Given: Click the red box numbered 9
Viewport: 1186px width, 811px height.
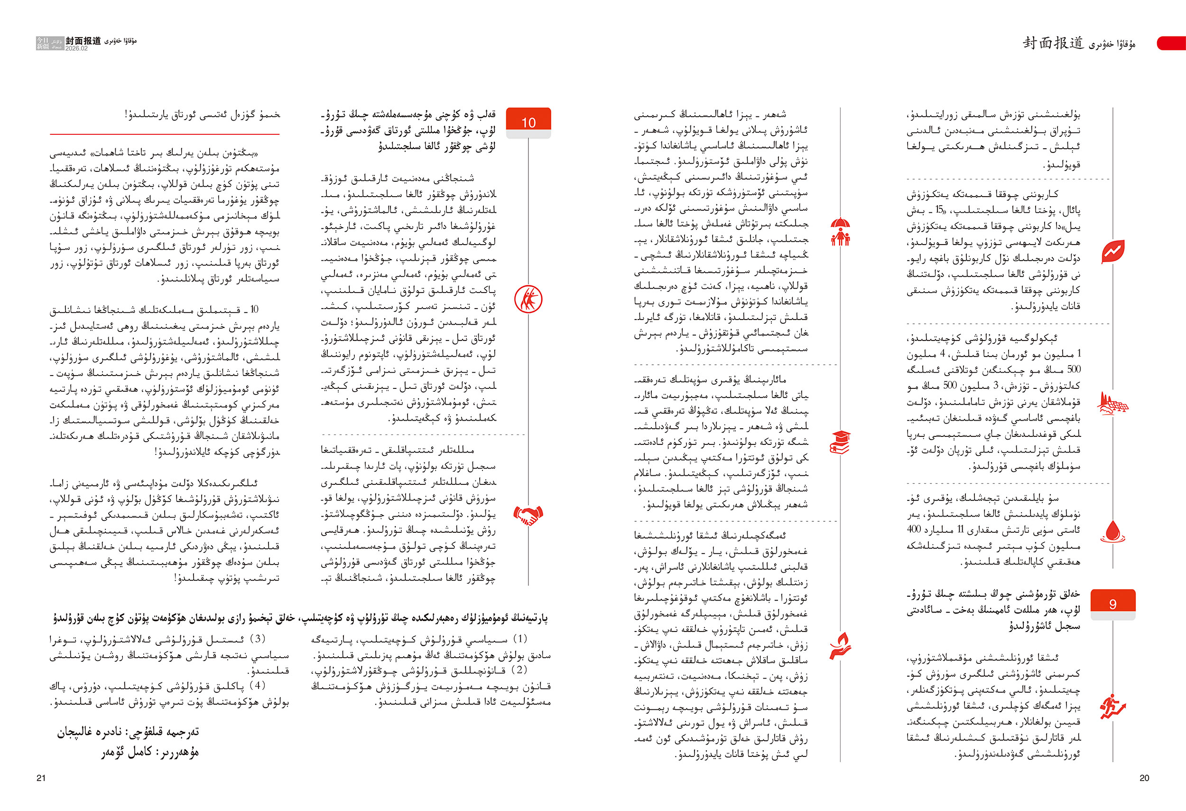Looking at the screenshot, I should [1112, 603].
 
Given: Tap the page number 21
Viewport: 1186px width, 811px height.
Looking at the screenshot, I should [41, 778].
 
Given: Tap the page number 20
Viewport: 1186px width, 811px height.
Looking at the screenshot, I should [1144, 778].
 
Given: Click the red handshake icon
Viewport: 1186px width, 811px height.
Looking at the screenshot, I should [528, 515].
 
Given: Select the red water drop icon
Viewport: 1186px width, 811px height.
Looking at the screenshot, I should [1112, 532].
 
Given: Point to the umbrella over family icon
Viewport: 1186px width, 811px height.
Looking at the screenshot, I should [840, 231].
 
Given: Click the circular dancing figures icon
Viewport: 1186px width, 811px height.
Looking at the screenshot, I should [528, 299].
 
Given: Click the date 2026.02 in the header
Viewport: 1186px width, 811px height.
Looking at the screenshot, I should [76, 48].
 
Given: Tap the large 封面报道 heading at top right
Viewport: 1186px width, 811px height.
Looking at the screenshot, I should [1052, 43].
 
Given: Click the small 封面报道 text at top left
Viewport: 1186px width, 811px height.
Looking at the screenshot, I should [83, 40].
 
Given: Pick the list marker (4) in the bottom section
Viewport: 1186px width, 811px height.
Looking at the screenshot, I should [257, 685].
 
